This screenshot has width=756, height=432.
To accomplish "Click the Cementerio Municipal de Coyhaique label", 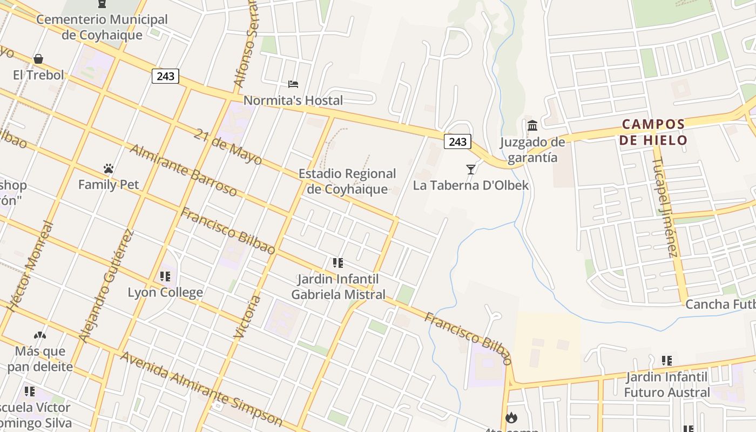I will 102,27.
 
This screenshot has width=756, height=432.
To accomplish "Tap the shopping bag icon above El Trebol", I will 38,58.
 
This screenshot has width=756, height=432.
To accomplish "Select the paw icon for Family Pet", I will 109,169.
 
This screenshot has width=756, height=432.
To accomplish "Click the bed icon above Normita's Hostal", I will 293,84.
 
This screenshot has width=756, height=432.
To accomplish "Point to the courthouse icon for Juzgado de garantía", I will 532,126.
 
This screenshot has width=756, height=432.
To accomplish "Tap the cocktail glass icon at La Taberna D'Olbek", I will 471,170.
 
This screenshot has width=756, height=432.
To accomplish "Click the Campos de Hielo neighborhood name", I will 653,132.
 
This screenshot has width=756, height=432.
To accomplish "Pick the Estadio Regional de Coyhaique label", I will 347,181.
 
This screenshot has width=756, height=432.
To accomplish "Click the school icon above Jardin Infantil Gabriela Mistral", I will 338,263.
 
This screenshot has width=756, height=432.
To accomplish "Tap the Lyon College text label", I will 165,292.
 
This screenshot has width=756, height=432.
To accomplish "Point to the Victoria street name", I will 246,317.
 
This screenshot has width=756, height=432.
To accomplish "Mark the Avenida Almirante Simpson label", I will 201,389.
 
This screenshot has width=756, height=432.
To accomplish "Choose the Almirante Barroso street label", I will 183,171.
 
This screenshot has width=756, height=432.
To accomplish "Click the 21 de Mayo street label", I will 227,146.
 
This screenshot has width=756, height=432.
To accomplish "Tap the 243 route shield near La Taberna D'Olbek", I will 457,141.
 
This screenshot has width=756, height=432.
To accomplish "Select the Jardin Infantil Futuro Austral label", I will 667,384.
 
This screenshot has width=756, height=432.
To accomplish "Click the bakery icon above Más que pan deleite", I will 40,335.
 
